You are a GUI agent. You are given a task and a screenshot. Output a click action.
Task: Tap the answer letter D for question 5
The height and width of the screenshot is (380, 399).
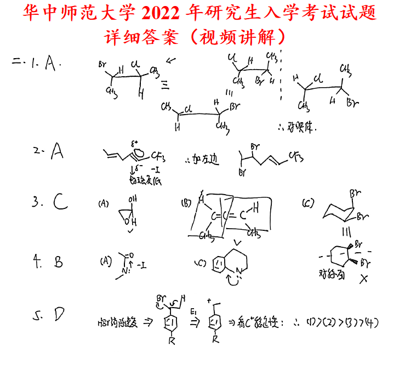point(59,314)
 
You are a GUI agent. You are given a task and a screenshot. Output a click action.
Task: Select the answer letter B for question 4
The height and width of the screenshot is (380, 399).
point(59,262)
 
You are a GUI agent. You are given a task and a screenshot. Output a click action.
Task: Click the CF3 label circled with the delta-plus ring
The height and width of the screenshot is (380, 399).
point(158,155)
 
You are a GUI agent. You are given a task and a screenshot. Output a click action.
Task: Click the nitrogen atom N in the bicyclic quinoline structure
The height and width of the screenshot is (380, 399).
point(238,269)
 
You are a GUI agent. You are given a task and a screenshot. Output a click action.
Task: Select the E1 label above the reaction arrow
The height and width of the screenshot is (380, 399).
point(193,311)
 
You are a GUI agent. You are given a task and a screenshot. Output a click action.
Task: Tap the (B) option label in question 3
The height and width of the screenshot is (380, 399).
point(186,203)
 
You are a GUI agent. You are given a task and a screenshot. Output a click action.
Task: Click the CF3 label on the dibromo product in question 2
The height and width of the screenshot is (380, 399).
point(297,158)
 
